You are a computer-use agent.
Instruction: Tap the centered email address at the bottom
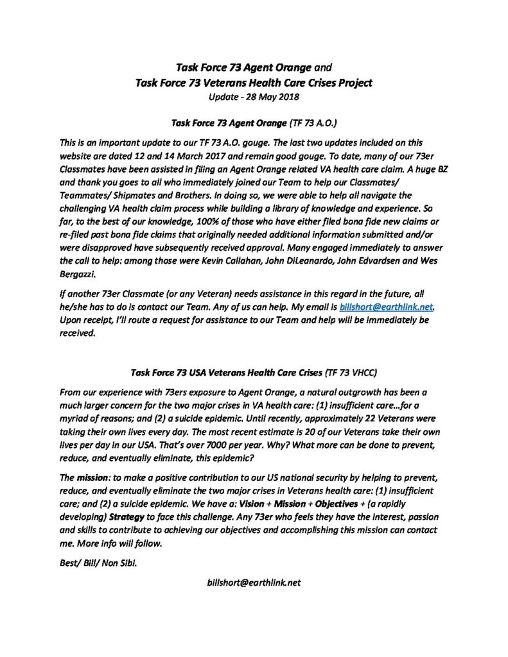tap(254, 583)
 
